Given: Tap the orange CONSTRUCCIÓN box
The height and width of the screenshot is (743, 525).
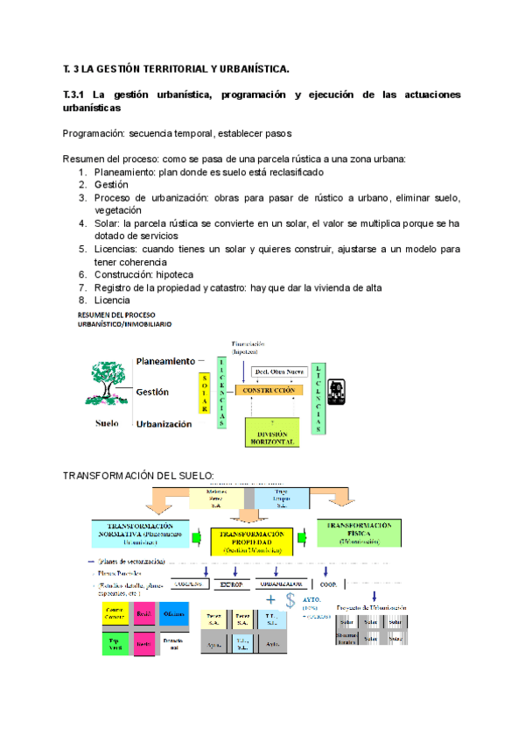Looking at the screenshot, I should click(x=268, y=389).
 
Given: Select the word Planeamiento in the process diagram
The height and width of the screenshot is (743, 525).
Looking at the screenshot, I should click(x=164, y=360).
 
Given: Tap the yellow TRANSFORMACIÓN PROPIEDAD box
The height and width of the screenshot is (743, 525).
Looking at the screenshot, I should click(x=251, y=543).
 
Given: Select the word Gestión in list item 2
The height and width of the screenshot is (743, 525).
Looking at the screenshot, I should click(x=111, y=185).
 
